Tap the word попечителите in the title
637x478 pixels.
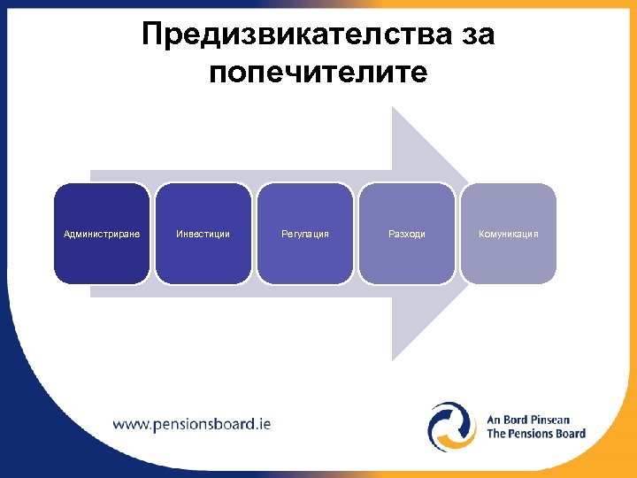click(318, 72)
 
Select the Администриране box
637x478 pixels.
click(102, 234)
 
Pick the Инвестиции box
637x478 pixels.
click(203, 234)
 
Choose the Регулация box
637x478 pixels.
click(305, 234)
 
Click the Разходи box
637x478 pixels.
click(407, 234)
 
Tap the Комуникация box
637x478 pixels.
click(509, 234)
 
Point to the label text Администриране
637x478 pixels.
click(102, 234)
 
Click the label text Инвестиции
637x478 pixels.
click(203, 234)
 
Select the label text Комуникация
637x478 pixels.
click(509, 234)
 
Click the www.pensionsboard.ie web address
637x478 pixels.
click(192, 423)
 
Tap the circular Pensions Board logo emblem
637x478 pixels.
click(452, 426)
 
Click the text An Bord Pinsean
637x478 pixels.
click(528, 420)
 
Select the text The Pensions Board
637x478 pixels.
click(536, 434)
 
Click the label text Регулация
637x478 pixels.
click(305, 234)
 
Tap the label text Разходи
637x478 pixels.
click(407, 234)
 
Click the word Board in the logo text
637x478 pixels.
click(569, 434)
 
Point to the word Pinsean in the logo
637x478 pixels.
click(549, 420)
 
